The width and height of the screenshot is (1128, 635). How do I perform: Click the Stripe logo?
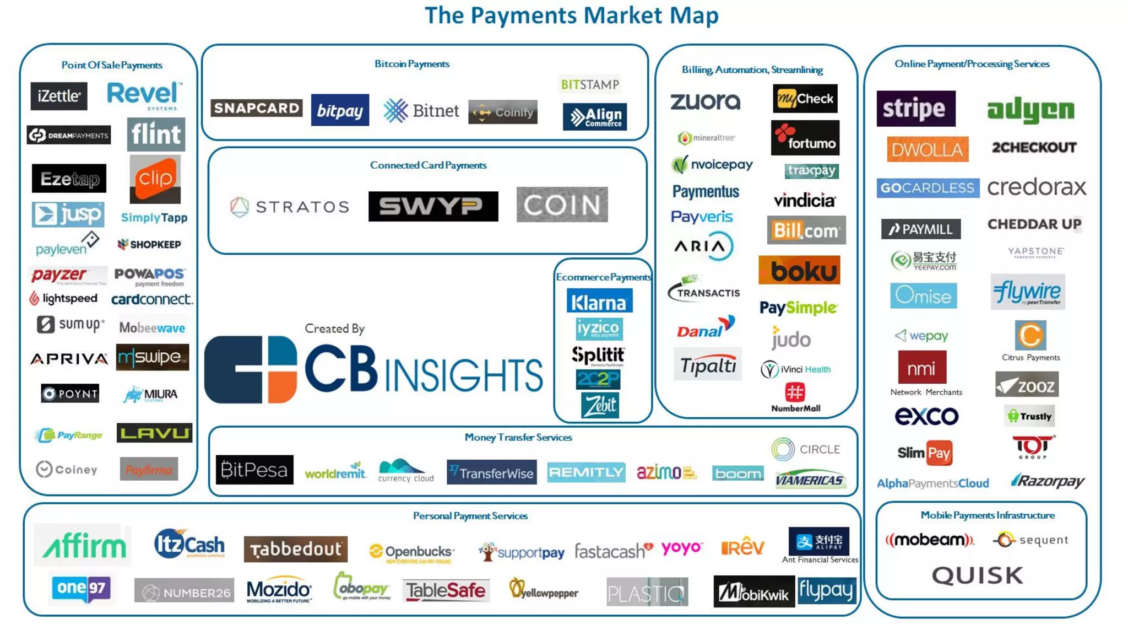click(915, 109)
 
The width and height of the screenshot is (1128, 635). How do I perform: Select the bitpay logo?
click(340, 110)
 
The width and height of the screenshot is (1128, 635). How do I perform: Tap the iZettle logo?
click(59, 96)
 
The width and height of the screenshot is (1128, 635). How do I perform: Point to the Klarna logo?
click(599, 302)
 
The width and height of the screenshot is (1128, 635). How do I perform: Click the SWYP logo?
click(433, 206)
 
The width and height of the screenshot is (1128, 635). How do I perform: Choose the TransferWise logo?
click(491, 472)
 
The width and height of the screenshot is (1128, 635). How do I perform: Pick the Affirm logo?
click(84, 546)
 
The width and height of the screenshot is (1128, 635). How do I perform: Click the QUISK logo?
click(977, 575)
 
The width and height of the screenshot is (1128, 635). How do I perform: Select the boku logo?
click(799, 271)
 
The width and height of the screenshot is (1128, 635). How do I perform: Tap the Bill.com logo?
click(806, 230)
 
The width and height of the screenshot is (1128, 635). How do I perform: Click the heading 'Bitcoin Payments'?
click(411, 64)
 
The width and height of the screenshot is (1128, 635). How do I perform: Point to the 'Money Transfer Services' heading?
click(518, 437)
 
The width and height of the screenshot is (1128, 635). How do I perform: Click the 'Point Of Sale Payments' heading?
click(112, 65)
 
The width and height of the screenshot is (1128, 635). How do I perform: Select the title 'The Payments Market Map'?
click(571, 15)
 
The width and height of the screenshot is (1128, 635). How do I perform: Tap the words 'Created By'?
click(334, 329)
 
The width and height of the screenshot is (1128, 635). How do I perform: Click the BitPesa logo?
click(254, 470)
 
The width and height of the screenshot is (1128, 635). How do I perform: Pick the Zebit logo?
click(600, 406)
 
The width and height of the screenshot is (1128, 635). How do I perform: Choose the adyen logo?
click(1031, 110)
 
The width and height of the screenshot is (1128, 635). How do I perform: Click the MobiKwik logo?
click(753, 592)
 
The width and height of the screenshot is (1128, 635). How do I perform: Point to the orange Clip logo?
click(155, 179)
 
